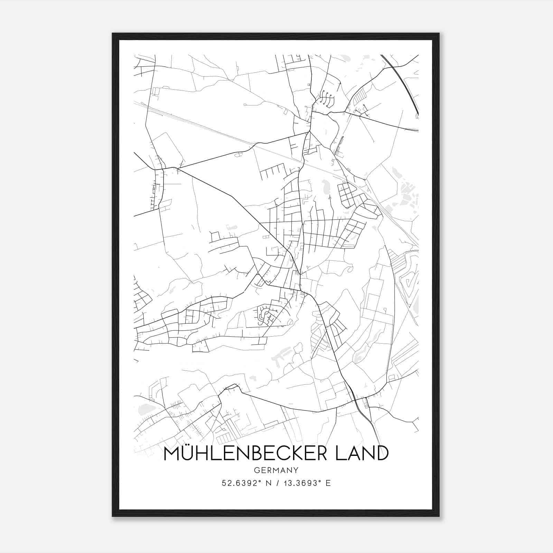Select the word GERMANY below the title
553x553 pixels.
[x=276, y=470]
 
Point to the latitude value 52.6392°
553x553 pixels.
[x=240, y=483]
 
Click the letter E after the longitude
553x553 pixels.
[x=328, y=483]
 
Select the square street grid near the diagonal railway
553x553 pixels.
[x=348, y=194]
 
